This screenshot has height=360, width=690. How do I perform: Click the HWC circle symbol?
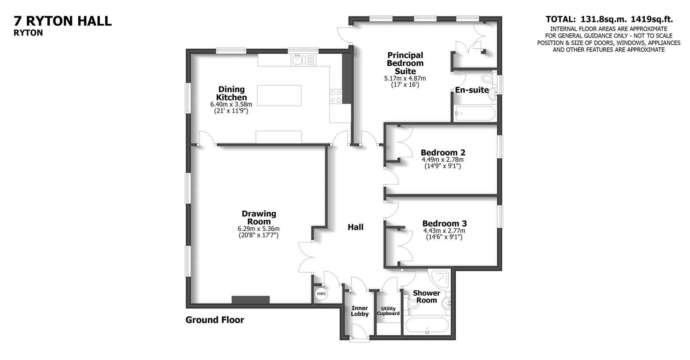click(321, 294)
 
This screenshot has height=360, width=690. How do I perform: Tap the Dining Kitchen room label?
click(231, 93)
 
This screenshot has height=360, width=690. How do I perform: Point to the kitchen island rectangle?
click(279, 96)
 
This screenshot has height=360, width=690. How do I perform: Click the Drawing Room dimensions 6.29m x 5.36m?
click(258, 229)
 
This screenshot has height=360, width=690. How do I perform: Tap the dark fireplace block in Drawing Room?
click(250, 300)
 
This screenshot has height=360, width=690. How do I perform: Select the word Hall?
click(355, 227)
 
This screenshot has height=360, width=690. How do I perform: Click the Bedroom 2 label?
click(443, 152)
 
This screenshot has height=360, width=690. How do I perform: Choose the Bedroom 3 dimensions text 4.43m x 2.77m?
click(444, 231)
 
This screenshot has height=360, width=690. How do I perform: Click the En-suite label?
click(471, 90)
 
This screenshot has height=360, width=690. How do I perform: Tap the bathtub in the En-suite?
click(474, 113)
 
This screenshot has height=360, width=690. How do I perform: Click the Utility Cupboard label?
click(388, 311)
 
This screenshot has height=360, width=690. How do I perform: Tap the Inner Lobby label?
click(360, 311)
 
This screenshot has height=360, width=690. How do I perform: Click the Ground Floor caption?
click(215, 320)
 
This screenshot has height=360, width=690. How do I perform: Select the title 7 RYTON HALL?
click(63, 21)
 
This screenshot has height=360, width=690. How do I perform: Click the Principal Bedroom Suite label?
click(405, 63)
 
